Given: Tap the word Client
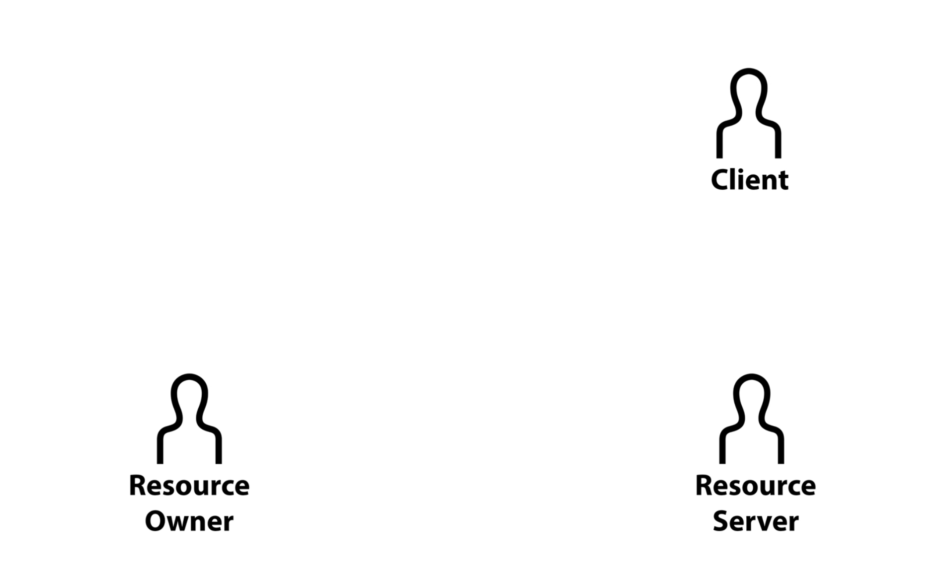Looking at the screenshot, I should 749,180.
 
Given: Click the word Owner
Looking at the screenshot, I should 189,521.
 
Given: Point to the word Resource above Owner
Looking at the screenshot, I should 189,486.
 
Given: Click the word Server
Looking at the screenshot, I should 756,521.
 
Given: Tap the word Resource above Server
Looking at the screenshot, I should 755,486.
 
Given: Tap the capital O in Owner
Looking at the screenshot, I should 155,521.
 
